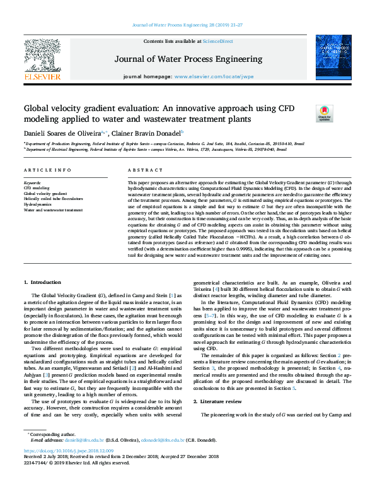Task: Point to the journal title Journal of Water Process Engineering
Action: [187, 59]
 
